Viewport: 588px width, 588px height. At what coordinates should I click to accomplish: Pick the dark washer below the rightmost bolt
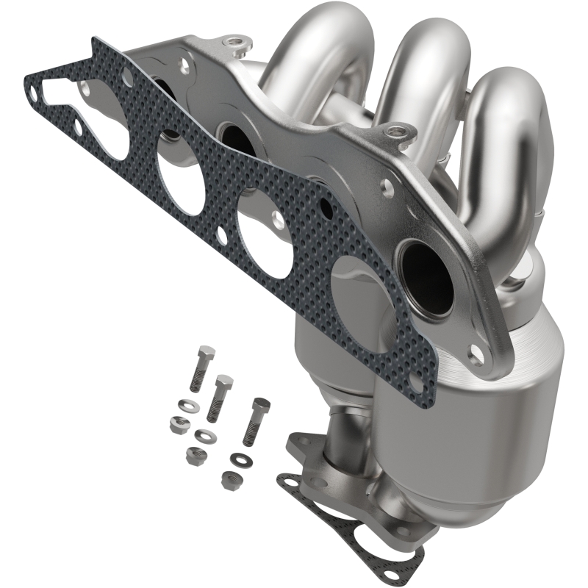pos(239,460)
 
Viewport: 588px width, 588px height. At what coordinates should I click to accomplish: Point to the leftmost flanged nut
pos(178,423)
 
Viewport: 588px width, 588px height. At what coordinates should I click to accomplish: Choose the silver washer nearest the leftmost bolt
pos(183,404)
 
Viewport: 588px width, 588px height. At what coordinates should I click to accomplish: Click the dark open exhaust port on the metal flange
pos(426,272)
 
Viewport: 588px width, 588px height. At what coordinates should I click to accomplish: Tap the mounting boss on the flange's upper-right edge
pos(401,132)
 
